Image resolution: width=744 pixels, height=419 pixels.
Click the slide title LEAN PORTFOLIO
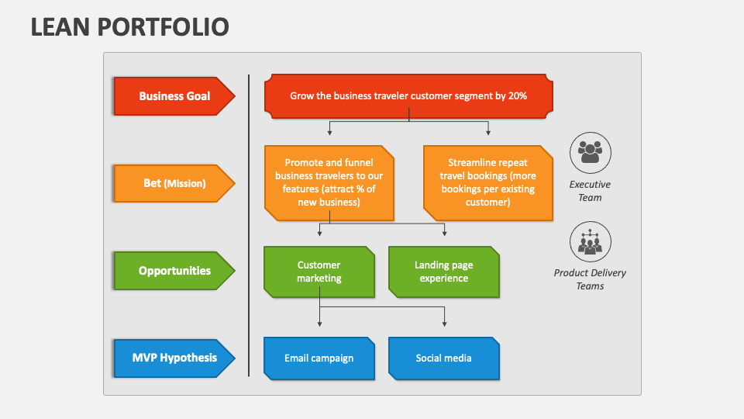point(130,26)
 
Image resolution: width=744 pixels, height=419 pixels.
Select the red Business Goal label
point(174,96)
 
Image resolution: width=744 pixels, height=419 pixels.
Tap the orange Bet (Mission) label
point(174,183)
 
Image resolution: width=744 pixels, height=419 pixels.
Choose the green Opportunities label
point(174,271)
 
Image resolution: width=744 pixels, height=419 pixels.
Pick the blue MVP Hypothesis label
point(174,358)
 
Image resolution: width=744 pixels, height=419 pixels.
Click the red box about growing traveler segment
point(408,96)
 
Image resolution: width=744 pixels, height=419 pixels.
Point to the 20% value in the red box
point(518,96)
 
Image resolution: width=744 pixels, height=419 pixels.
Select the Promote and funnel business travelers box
point(329,182)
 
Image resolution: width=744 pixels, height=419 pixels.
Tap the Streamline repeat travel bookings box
point(488,182)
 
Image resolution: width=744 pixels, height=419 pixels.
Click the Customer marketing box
point(319,272)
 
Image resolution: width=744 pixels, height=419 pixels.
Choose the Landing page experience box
point(443,272)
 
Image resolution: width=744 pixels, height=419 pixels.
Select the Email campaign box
point(319,358)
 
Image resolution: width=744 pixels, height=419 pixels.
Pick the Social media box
point(443,358)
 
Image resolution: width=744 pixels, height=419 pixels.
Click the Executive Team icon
point(590,152)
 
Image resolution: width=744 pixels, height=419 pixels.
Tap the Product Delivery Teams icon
point(590,241)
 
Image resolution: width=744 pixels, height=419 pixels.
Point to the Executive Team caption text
point(590,191)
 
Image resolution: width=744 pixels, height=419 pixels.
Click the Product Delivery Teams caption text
point(590,279)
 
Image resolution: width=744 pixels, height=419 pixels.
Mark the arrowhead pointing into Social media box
point(445,324)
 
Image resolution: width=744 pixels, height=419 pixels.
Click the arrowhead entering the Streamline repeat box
point(488,133)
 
